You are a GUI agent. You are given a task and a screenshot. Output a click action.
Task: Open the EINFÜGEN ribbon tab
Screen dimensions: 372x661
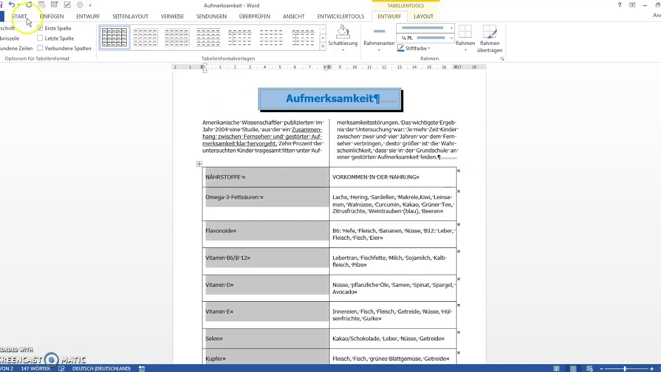tap(52, 17)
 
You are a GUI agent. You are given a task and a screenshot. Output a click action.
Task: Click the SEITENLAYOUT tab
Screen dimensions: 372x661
tap(130, 17)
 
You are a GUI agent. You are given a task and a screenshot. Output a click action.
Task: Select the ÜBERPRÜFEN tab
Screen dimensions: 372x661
tap(255, 17)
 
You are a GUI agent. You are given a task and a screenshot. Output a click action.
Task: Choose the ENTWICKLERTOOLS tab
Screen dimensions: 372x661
tap(340, 17)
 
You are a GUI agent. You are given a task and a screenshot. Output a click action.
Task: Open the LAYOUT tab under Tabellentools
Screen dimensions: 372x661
tap(423, 17)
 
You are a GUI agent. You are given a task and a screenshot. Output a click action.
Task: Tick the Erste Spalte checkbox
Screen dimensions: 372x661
tap(40, 28)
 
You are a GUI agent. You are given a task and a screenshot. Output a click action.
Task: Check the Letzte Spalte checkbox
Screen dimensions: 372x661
tap(40, 38)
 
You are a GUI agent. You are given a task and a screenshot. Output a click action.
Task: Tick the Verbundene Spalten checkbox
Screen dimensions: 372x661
tap(40, 48)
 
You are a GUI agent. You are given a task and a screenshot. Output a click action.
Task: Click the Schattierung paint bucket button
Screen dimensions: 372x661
tap(342, 33)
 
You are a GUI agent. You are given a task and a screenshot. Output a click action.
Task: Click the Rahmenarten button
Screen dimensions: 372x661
tap(379, 36)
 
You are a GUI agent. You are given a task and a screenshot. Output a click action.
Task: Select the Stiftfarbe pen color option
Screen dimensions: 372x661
tap(413, 48)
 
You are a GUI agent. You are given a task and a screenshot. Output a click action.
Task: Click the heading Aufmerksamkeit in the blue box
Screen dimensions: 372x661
tap(330, 99)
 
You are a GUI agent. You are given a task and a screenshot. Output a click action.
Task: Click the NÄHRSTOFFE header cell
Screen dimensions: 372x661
tap(225, 177)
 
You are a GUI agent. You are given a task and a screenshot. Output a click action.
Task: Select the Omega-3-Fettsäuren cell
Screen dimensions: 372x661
tap(234, 197)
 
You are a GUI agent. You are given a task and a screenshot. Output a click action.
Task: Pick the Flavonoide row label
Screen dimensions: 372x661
tap(221, 231)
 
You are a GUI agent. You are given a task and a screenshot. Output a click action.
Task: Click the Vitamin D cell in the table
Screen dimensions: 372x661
tap(219, 285)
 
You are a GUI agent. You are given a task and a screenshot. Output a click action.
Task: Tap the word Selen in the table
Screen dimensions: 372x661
tap(214, 338)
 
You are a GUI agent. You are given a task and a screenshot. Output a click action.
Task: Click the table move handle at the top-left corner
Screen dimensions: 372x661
tap(199, 164)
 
